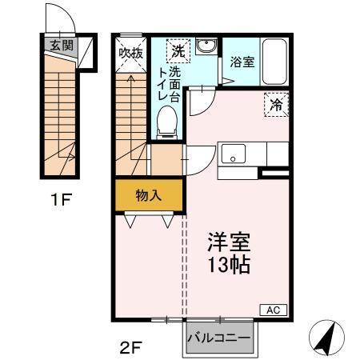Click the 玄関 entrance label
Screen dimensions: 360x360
click(61, 46)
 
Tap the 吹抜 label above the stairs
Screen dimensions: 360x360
click(130, 53)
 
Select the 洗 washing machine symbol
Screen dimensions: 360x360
click(178, 50)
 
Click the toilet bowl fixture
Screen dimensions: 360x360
click(167, 121)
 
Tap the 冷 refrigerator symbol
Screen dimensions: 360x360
click(274, 103)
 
